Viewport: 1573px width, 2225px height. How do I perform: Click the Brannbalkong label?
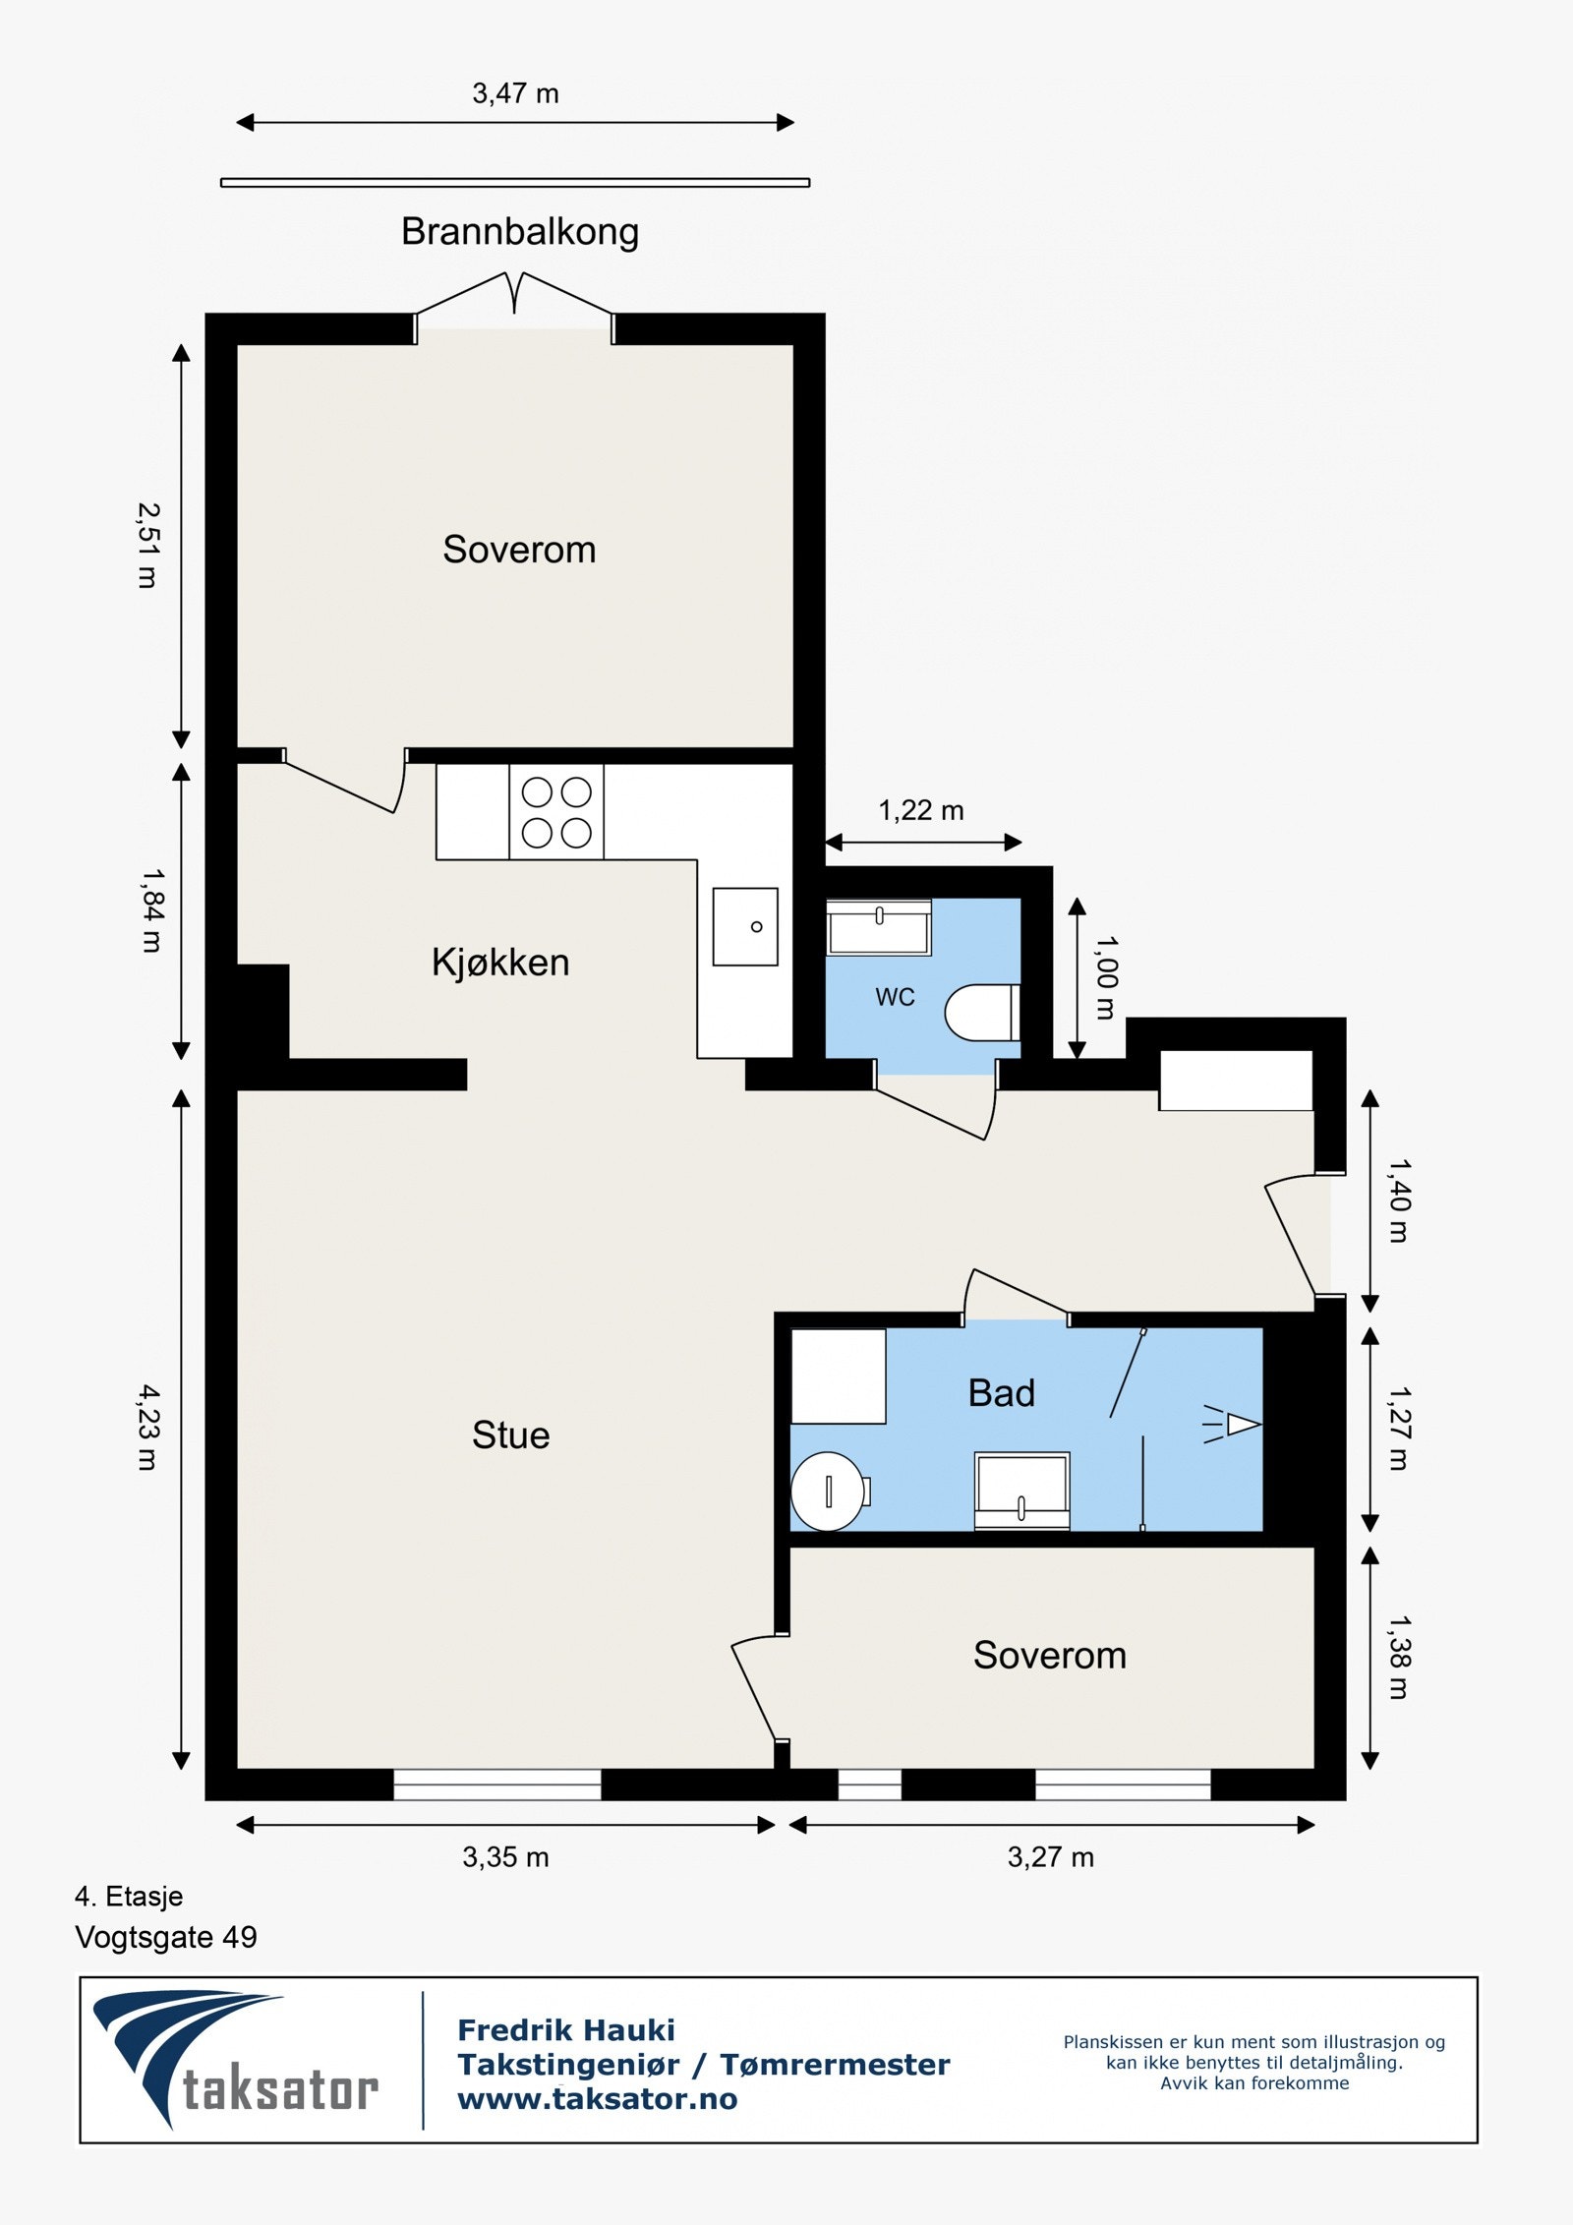(520, 233)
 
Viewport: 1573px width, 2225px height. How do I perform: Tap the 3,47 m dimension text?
(515, 93)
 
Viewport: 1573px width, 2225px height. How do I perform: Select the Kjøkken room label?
(500, 963)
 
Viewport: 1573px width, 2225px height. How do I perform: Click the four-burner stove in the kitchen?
(556, 812)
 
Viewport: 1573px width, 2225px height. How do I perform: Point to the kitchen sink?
(745, 926)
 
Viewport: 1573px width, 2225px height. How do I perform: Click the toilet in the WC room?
(981, 1013)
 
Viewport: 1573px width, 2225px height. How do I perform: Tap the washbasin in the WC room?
(879, 926)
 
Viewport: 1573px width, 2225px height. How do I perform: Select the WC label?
(895, 997)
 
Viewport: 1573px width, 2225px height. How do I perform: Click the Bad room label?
(1002, 1393)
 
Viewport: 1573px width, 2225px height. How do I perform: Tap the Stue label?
(510, 1435)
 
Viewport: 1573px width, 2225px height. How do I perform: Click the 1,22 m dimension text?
(920, 810)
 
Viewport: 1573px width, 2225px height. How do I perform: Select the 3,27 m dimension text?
(1050, 1857)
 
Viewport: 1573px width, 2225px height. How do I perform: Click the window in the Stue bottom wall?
(497, 1785)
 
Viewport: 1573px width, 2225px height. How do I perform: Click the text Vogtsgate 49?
(166, 1937)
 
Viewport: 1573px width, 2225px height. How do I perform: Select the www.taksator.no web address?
(598, 2099)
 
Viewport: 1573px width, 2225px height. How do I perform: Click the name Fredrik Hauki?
(566, 2030)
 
